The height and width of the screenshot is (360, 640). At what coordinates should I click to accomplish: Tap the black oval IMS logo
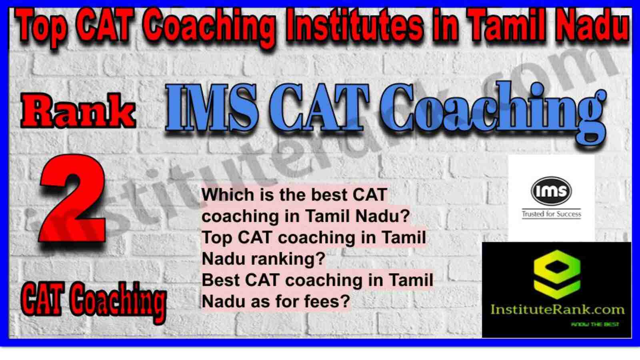coord(552,191)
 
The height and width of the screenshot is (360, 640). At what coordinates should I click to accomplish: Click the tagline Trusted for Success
coord(552,214)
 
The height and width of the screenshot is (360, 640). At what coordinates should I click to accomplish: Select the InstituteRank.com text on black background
coord(557,310)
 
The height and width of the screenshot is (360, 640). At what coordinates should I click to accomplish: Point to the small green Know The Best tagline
coord(595,324)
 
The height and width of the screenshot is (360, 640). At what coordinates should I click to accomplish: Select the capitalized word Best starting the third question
coord(222,280)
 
